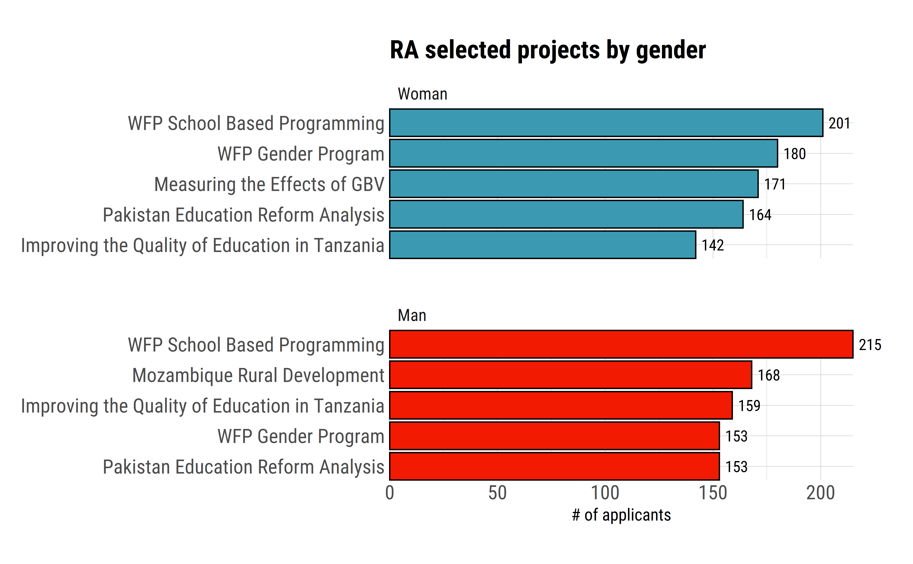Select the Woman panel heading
pos(422,94)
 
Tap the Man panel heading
pos(412,316)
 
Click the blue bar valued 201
pos(606,123)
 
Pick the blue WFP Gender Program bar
pos(583,153)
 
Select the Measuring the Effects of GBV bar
pos(573,184)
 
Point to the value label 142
pos(713,245)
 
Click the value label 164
pos(760,215)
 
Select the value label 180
pos(794,154)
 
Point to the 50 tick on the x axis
pos(497,493)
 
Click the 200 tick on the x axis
pos(820,493)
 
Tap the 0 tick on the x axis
pos(390,493)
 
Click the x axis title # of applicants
pos(621,515)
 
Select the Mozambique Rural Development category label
pos(258,375)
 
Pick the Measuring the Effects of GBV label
pos(269,184)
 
